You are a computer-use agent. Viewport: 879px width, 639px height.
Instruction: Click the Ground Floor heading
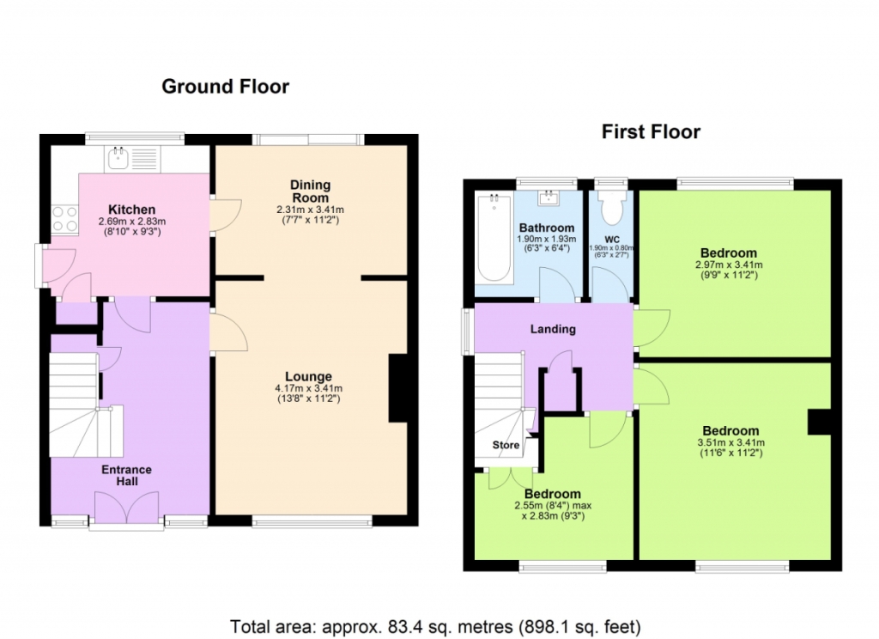point(226,87)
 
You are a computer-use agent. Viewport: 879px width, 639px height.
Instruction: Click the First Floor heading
point(651,132)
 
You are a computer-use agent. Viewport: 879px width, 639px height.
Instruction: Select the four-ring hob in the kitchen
point(64,219)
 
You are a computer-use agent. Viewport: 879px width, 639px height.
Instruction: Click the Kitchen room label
point(131,210)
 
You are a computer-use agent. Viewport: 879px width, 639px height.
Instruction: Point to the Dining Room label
point(310,192)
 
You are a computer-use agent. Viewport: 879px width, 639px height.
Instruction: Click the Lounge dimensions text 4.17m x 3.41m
point(308,388)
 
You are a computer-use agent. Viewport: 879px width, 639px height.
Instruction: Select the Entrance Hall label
point(127,475)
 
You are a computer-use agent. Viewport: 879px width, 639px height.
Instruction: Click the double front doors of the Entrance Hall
point(127,508)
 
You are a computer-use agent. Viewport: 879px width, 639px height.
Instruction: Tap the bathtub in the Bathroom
point(494,238)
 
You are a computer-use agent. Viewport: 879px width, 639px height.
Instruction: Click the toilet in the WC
point(611,207)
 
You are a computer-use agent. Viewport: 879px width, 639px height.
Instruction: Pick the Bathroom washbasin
point(546,198)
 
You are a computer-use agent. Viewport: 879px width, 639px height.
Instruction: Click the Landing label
point(553,329)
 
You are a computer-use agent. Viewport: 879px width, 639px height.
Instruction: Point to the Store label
point(506,445)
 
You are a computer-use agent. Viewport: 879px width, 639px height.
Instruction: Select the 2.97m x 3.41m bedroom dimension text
point(729,265)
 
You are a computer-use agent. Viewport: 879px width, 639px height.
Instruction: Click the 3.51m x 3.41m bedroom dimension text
point(730,442)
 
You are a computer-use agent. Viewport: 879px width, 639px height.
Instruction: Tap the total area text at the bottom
point(435,627)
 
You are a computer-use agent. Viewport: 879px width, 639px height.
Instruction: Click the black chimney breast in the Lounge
point(397,387)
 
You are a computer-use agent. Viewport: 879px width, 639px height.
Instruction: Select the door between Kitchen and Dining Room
point(226,215)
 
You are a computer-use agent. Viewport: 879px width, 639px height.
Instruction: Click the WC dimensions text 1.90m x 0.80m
point(611,248)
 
